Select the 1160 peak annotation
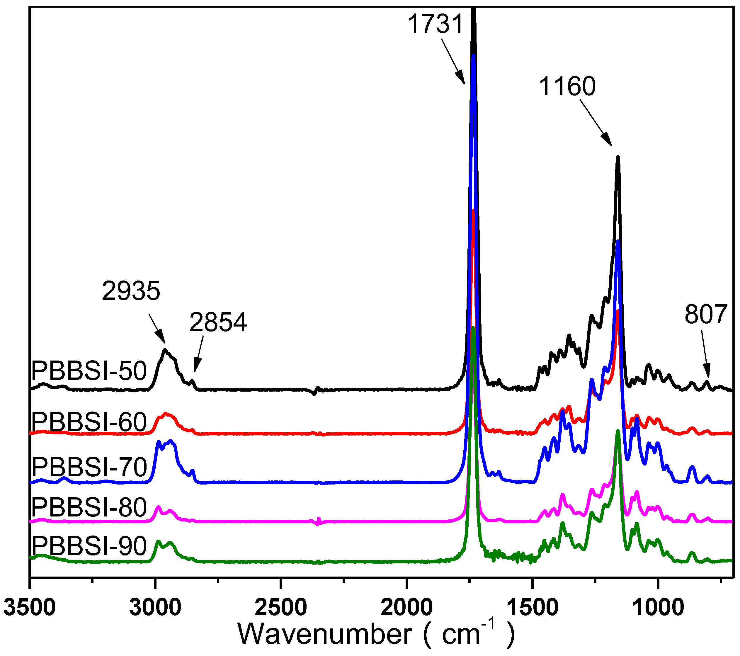pos(567,86)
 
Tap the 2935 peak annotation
pos(131,291)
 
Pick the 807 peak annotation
pos(706,314)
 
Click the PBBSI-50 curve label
pos(89,371)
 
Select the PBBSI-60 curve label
pos(89,422)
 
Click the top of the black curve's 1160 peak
pos(618,157)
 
